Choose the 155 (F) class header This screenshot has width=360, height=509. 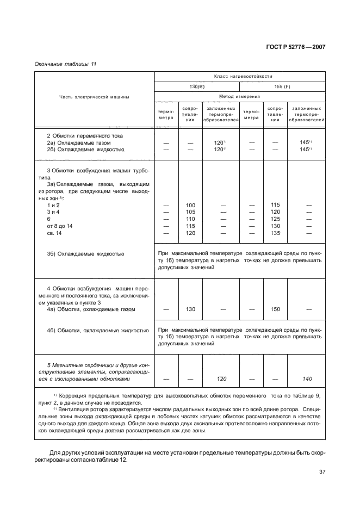click(x=283, y=86)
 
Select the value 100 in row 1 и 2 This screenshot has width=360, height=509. click(x=190, y=205)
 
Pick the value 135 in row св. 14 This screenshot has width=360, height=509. click(x=275, y=233)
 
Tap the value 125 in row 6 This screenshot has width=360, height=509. click(x=275, y=219)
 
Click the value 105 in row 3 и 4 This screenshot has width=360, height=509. click(x=190, y=212)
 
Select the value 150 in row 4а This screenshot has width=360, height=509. click(x=275, y=309)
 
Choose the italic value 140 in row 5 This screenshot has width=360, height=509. click(x=308, y=378)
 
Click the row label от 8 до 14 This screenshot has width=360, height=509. click(x=60, y=226)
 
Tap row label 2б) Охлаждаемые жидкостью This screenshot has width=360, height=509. click(x=85, y=149)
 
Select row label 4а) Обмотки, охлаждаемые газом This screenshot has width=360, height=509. click(x=91, y=309)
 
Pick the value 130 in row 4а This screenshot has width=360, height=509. click(x=190, y=309)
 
